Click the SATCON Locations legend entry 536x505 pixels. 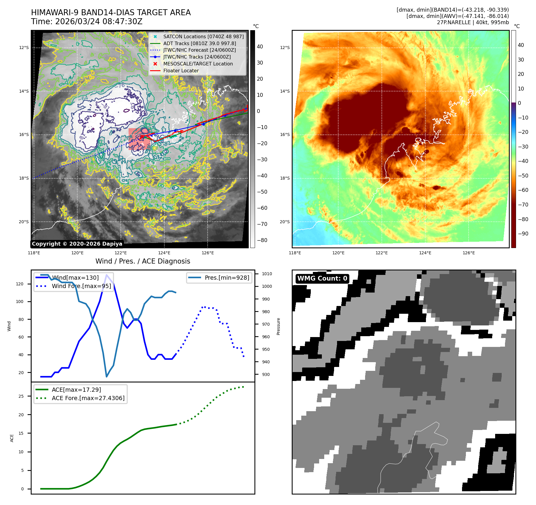click(203, 36)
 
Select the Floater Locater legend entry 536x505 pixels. click(181, 71)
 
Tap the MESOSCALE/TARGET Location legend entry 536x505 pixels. click(198, 64)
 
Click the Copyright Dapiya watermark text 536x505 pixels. click(77, 244)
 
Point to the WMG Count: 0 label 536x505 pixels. click(322, 278)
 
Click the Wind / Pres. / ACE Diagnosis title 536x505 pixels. click(143, 261)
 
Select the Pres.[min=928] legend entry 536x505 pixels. click(227, 278)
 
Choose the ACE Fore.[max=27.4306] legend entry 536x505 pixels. click(88, 398)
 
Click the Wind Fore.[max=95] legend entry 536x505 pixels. click(81, 286)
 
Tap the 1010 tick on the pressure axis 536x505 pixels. click(267, 274)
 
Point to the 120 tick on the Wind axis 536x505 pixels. click(20, 284)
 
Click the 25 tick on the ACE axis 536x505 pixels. click(21, 396)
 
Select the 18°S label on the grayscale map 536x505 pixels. click(24, 178)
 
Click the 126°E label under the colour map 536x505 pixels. click(469, 253)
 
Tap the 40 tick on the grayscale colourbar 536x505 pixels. click(260, 47)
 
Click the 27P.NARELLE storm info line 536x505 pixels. click(473, 22)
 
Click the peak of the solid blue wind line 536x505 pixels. click(106, 275)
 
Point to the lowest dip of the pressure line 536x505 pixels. click(106, 377)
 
